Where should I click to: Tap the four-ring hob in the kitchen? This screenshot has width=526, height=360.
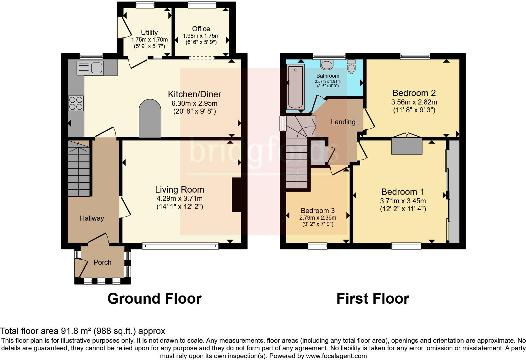76,103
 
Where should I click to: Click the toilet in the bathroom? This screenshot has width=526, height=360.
351,67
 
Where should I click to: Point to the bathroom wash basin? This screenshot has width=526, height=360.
327,65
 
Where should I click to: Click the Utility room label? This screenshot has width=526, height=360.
149,32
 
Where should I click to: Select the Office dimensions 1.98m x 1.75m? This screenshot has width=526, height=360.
201,36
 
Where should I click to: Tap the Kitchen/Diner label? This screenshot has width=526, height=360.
194,94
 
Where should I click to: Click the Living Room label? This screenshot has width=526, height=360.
179,189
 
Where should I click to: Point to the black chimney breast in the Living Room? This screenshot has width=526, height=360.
237,195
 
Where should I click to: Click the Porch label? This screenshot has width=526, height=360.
102,262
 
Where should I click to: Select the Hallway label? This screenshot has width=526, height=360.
92,218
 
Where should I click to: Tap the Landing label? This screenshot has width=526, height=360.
343,122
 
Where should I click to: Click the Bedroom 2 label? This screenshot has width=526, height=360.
414,93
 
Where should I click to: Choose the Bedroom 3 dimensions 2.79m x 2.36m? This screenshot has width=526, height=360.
317,217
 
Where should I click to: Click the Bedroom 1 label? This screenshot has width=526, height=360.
403,192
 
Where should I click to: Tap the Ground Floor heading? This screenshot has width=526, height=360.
154,298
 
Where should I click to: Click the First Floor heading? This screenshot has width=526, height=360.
372,298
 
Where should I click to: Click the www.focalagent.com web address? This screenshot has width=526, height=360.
336,356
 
